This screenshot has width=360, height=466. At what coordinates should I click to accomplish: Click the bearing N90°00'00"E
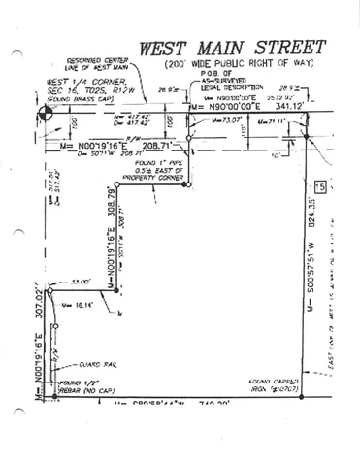pos(231,106)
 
